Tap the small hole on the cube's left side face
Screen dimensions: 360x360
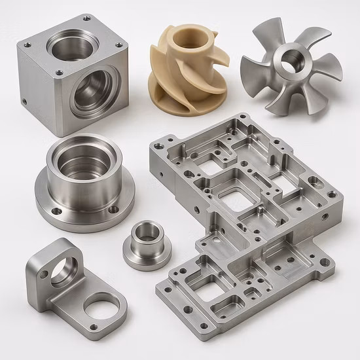pyautogui.click(x=24, y=102)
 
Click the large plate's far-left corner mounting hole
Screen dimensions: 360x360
pyautogui.click(x=159, y=141)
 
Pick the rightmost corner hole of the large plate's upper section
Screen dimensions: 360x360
pyautogui.click(x=331, y=194)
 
